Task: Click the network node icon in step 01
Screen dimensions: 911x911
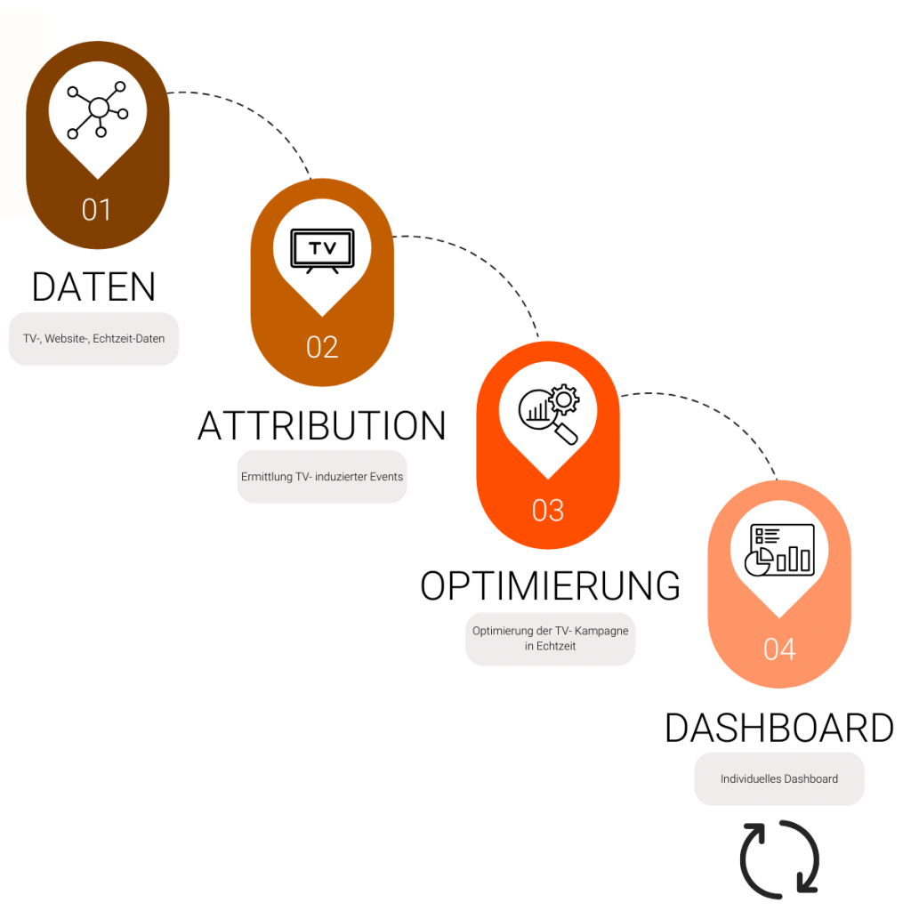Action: pos(98,109)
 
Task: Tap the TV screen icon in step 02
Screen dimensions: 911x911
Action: pos(322,250)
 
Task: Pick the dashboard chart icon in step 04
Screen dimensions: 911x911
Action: pos(779,549)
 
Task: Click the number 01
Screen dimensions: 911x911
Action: pos(97,210)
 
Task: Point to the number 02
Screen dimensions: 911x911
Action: pos(322,347)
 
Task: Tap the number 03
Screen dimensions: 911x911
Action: pos(548,511)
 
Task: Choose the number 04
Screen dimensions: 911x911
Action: pos(779,649)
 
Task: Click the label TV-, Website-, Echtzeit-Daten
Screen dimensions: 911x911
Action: pos(93,338)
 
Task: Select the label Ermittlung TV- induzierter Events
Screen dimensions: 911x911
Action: pos(322,477)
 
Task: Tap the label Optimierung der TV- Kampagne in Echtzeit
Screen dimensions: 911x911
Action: pos(551,638)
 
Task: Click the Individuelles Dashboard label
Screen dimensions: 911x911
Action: pos(778,778)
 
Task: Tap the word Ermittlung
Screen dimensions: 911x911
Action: pos(266,477)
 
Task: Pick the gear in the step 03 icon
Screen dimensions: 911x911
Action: pos(564,400)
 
